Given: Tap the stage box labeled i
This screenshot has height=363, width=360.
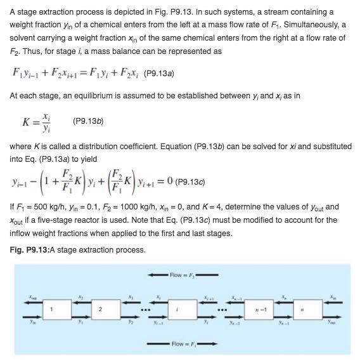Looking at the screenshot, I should pos(182,310).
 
